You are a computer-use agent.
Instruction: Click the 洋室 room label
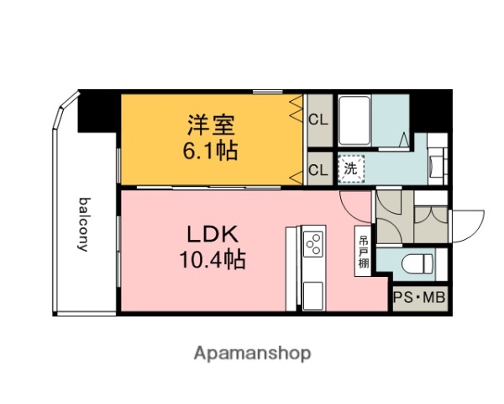click(x=211, y=126)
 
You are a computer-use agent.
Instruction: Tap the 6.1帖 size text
click(x=211, y=151)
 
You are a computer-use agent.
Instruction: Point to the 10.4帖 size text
click(x=211, y=260)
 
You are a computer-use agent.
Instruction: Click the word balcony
click(x=84, y=224)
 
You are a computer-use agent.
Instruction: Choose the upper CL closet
click(x=318, y=119)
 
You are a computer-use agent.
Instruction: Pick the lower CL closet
click(x=318, y=169)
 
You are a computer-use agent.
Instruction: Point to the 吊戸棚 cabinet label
click(x=363, y=251)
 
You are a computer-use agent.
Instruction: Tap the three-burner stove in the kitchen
click(x=313, y=245)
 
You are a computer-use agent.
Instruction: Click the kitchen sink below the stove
click(x=312, y=295)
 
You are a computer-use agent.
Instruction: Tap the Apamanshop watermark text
click(x=251, y=353)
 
